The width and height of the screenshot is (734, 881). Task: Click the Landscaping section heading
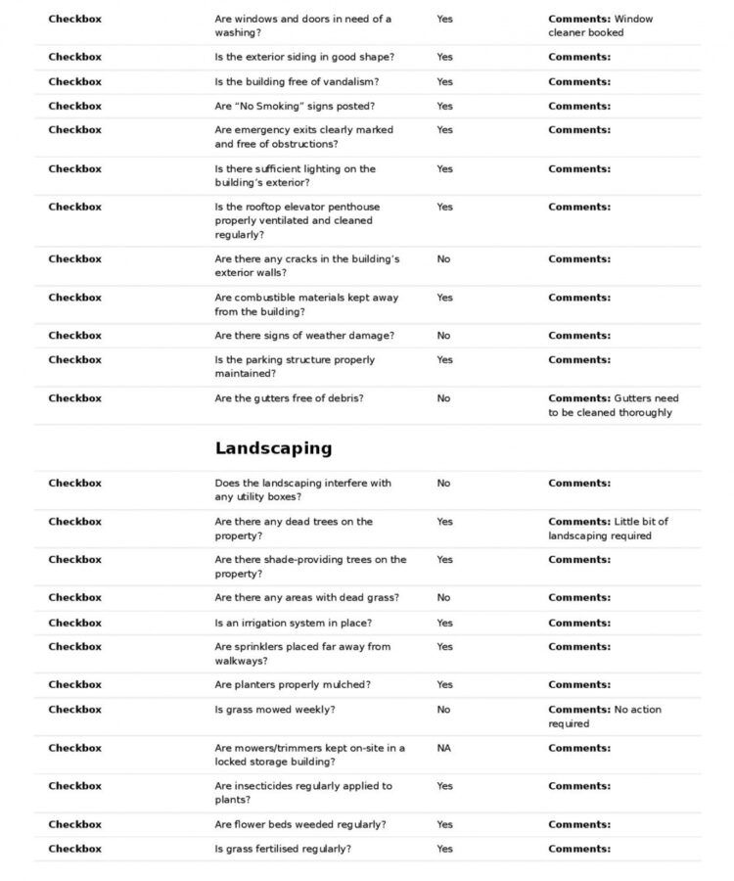[x=273, y=448]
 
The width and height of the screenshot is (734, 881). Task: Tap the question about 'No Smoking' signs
[x=295, y=106]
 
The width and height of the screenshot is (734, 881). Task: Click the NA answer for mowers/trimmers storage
[x=443, y=748]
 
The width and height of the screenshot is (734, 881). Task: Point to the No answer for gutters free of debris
[x=443, y=398]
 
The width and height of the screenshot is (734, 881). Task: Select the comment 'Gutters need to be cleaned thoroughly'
[x=613, y=405]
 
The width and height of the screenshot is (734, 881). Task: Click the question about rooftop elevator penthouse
[x=298, y=220]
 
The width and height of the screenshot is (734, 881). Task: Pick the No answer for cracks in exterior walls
[x=443, y=259]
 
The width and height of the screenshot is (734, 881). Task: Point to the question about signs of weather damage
[x=304, y=336]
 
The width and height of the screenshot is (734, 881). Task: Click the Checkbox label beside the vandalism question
[x=74, y=82]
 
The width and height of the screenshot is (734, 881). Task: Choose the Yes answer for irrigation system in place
[x=444, y=623]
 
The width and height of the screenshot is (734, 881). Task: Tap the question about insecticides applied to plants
[x=303, y=792]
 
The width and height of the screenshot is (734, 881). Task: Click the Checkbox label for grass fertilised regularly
[x=74, y=849]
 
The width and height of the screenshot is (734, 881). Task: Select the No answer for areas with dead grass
[x=443, y=597]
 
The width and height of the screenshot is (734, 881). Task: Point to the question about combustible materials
[x=306, y=304]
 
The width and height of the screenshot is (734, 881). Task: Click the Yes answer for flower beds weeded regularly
[x=444, y=824]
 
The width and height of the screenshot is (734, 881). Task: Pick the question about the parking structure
[x=295, y=366]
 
